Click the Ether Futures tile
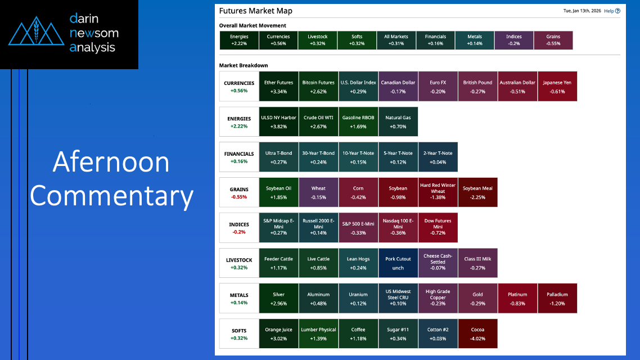(278, 87)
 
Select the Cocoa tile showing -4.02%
(477, 334)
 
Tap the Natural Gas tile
(398, 121)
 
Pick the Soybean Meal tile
(477, 192)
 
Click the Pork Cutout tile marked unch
(398, 263)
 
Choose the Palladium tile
(557, 299)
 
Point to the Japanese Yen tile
(557, 87)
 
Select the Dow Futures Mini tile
(438, 228)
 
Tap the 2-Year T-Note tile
(438, 157)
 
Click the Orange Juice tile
(278, 334)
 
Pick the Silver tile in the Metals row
(278, 299)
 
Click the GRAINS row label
(238, 192)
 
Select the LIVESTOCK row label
(238, 263)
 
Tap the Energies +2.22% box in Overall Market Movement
(239, 40)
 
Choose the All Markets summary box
(396, 40)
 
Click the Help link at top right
(612, 11)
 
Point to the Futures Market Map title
(255, 11)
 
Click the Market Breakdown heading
(244, 65)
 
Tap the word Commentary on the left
(112, 196)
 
